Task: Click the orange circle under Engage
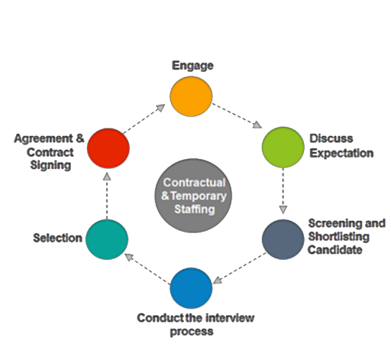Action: click(x=191, y=96)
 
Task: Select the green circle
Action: click(x=283, y=148)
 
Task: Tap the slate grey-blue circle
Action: click(x=283, y=239)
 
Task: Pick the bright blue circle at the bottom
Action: click(x=191, y=288)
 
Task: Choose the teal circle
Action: click(x=106, y=239)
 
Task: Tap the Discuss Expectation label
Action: click(x=341, y=146)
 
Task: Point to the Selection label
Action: click(x=57, y=238)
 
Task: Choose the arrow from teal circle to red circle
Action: click(x=107, y=194)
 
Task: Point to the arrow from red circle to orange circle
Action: click(x=146, y=120)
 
